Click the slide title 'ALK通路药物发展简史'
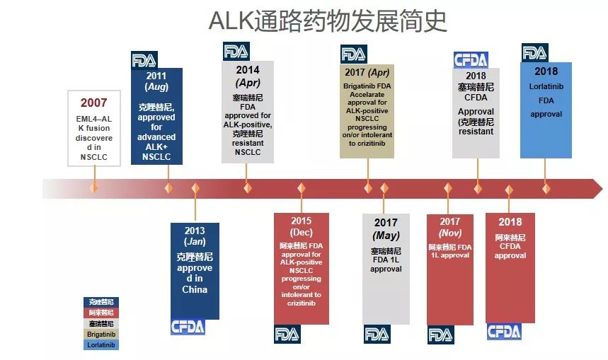point(328,22)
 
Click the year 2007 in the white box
point(93,103)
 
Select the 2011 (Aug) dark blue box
point(156,116)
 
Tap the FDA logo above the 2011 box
point(144,60)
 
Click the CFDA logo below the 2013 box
point(188,326)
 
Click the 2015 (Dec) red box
point(301,268)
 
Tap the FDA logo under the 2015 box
point(288,334)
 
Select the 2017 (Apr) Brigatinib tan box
point(368,110)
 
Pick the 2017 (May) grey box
point(386,268)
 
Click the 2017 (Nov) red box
point(450,268)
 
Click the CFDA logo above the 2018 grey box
point(471,60)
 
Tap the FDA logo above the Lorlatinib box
point(534,53)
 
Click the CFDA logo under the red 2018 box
point(504,332)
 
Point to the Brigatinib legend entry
point(101,334)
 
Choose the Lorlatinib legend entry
point(101,344)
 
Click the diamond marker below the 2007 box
point(93,188)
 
